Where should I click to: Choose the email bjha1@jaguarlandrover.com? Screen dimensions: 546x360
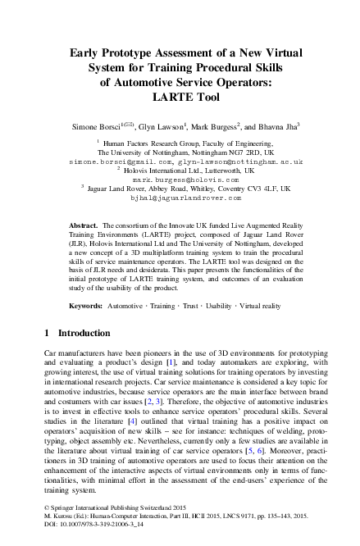180,198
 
